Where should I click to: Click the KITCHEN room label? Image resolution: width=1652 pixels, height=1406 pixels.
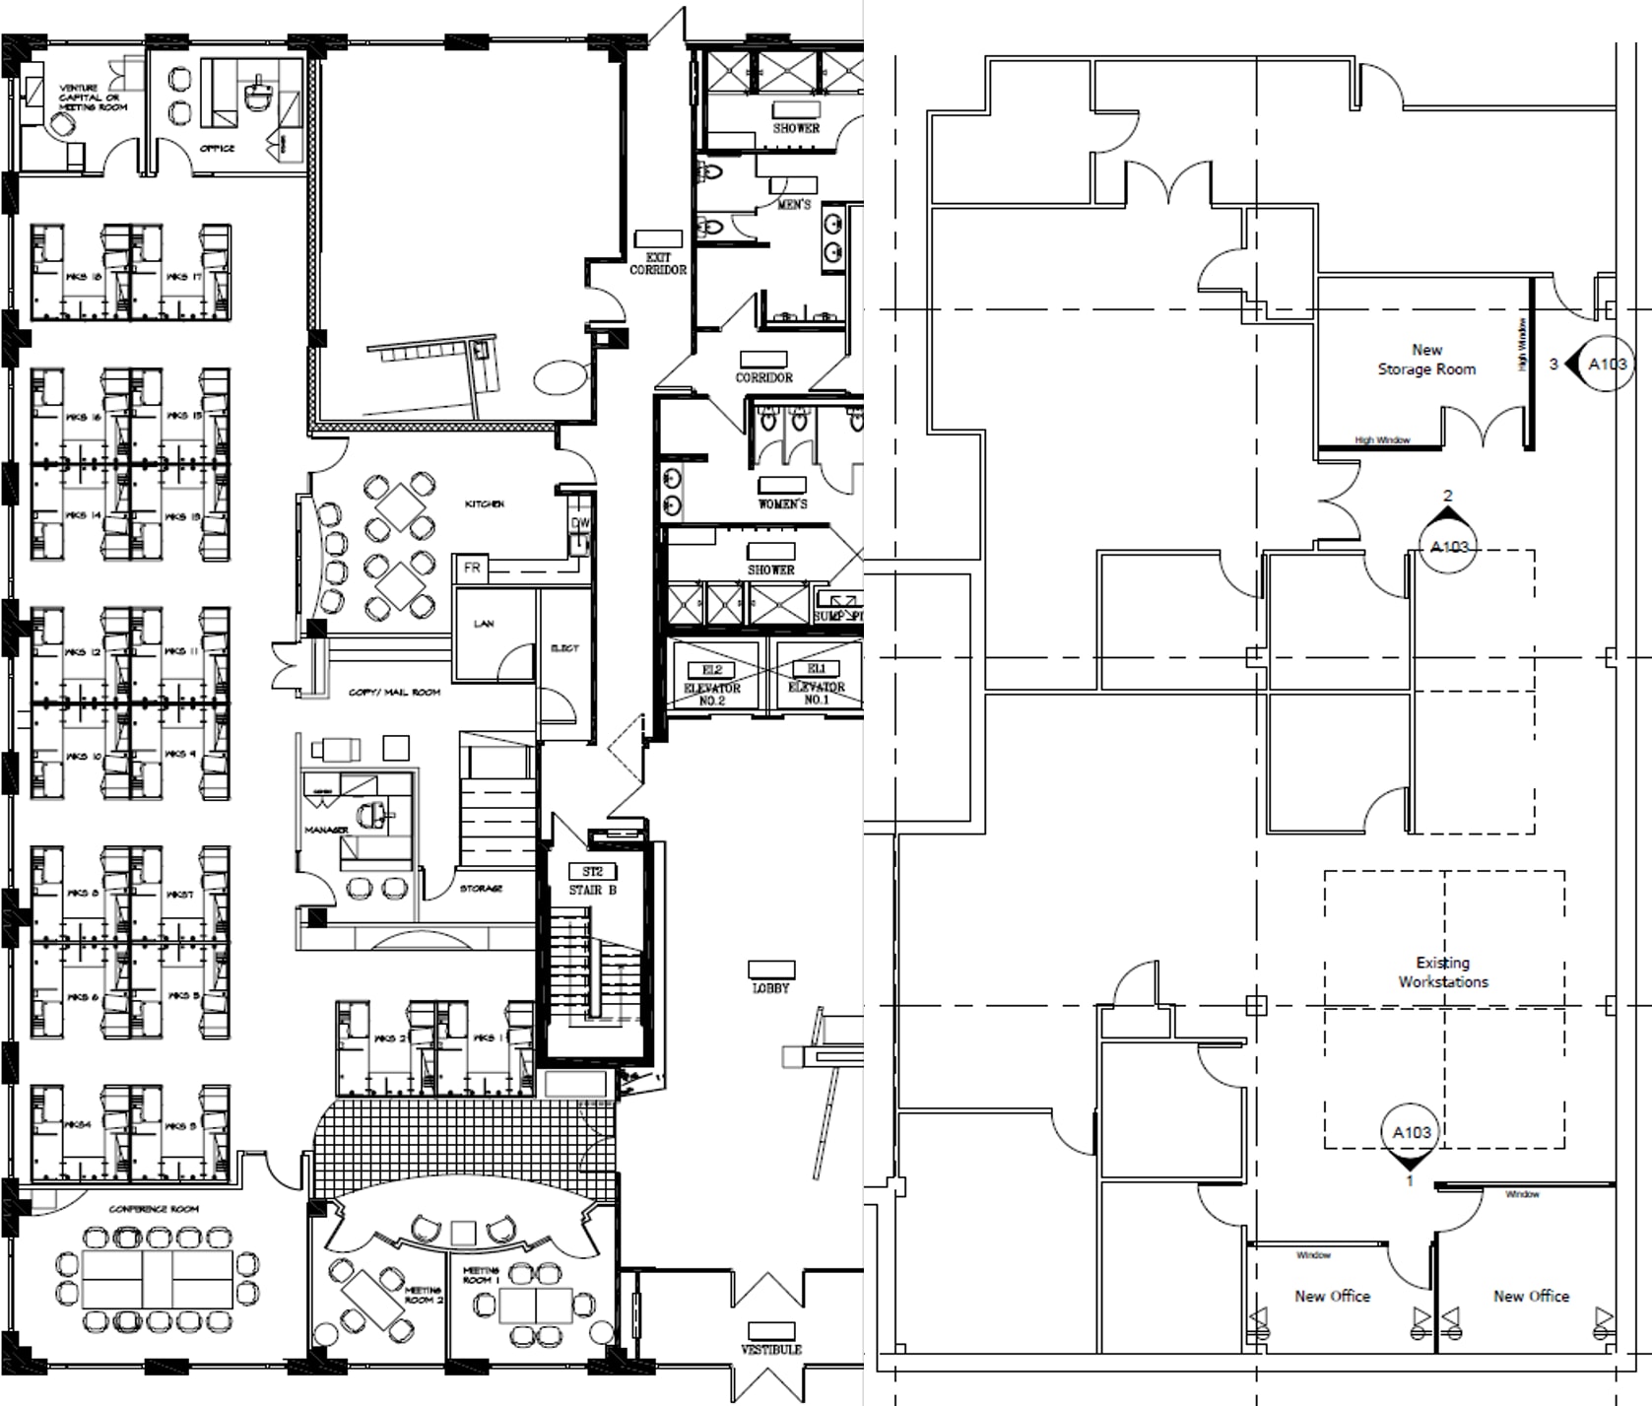point(484,503)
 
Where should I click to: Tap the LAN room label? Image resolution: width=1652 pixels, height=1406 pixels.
point(484,624)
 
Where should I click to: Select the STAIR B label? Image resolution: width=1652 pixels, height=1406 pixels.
point(592,890)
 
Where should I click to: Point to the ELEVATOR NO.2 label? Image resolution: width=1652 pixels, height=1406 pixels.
point(712,693)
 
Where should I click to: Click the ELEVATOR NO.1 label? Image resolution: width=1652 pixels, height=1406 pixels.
point(816,693)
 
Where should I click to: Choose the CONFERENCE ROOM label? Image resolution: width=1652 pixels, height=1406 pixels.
point(154,1208)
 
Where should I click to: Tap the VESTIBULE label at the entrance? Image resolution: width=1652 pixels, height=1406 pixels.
point(771,1349)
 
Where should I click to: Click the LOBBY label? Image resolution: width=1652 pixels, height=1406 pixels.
point(770,987)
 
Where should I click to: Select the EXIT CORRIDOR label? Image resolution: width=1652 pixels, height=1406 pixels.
point(658,263)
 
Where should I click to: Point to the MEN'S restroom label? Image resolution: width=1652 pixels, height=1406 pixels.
point(794,204)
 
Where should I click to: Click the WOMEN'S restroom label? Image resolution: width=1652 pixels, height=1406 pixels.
point(782,503)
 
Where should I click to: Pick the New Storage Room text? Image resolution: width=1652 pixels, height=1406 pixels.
point(1426,360)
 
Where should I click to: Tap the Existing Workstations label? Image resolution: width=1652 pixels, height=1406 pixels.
point(1443,971)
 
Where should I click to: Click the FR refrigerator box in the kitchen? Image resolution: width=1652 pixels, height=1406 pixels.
point(472,568)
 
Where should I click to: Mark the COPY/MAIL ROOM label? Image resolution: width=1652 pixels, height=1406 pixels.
point(394,692)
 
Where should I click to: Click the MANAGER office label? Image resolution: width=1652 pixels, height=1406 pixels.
point(326,830)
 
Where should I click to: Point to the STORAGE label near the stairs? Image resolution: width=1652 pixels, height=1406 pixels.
point(481,889)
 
